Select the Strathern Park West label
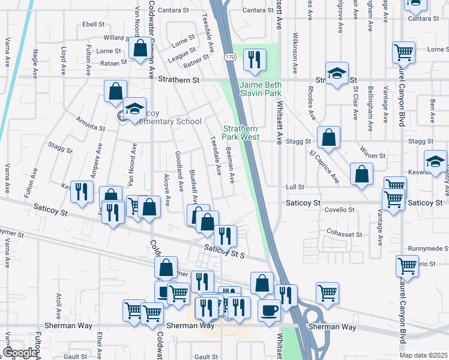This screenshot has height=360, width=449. [241, 133]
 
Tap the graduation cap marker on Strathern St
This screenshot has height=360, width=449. [337, 73]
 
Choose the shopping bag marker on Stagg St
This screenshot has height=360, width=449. [328, 137]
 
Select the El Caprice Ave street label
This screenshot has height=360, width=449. [324, 167]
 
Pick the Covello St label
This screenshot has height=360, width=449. [340, 210]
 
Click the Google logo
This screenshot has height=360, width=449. [20, 353]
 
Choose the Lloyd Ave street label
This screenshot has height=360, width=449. [63, 61]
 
